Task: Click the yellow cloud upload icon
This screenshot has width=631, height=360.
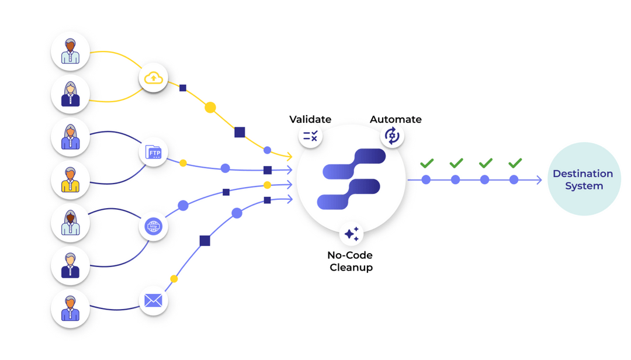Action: [153, 78]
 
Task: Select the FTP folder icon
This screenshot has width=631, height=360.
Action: [153, 153]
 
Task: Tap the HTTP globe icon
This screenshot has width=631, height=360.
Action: [153, 226]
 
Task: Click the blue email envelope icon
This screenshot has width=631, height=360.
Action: [153, 301]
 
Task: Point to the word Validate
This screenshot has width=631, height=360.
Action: [310, 119]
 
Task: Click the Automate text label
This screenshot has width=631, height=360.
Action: [396, 119]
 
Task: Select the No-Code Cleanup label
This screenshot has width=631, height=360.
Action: [351, 261]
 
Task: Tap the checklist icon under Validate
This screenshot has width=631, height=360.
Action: [310, 137]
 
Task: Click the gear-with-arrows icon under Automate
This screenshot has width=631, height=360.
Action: [392, 136]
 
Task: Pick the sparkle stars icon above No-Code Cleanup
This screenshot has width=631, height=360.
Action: [351, 234]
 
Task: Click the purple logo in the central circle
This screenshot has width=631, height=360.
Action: [351, 179]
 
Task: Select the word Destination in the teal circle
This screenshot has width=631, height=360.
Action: [583, 174]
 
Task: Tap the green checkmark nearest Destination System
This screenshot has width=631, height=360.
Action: [514, 163]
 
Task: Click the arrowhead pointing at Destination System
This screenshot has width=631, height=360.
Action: [539, 180]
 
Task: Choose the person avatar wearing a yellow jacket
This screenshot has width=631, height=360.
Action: [70, 180]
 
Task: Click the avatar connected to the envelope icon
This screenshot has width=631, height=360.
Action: [70, 309]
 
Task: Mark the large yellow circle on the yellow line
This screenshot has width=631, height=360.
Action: [210, 108]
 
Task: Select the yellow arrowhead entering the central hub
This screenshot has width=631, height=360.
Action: [288, 156]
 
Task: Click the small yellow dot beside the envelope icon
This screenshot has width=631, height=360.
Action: [174, 279]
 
